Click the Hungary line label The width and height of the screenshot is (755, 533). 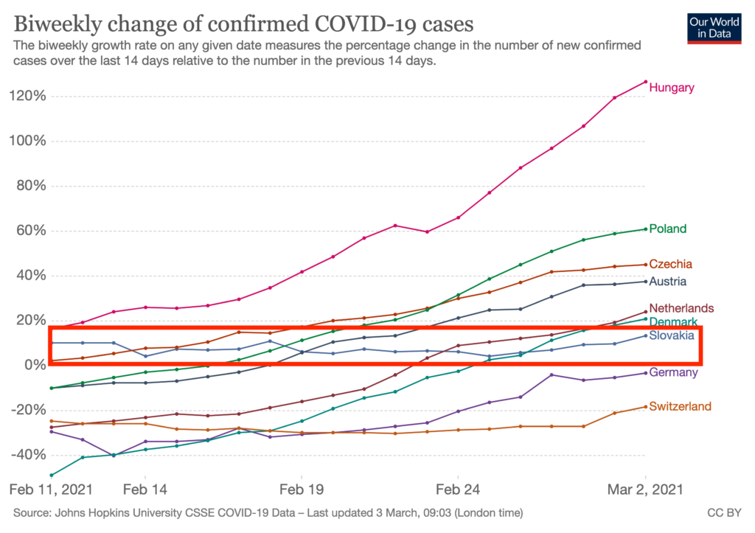click(672, 88)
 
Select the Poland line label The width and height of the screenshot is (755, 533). click(668, 229)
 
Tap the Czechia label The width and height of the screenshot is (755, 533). click(671, 264)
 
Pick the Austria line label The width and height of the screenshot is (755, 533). click(668, 282)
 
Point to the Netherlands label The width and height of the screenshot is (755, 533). click(681, 308)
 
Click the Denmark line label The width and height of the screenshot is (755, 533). click(673, 322)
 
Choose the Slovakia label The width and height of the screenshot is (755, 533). click(672, 335)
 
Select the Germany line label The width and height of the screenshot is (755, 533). click(673, 372)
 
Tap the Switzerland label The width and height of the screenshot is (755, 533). click(680, 406)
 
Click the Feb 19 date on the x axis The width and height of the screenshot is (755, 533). click(302, 489)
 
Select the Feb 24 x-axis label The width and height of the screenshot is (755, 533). click(459, 489)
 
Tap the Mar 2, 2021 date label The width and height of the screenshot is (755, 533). click(646, 489)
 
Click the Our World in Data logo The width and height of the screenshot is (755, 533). click(714, 27)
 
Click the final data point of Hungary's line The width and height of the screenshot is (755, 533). click(646, 82)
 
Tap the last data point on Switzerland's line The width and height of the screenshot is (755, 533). click(646, 407)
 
